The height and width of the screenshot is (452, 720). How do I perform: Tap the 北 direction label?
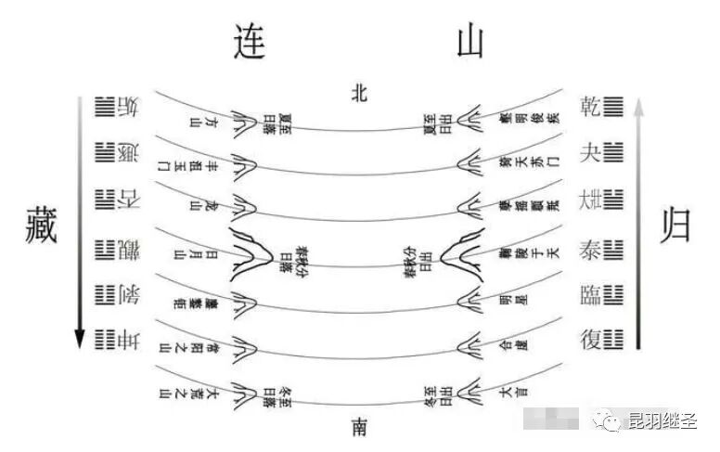pos(361,91)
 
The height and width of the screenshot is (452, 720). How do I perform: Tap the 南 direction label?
pos(360,425)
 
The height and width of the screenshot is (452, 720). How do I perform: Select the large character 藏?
pos(40,226)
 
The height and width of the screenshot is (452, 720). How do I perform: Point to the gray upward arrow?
pos(637,223)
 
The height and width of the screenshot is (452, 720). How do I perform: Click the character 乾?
pos(589,105)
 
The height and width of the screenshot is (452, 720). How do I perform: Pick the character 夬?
pos(589,151)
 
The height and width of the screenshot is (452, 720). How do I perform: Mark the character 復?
pos(589,340)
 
